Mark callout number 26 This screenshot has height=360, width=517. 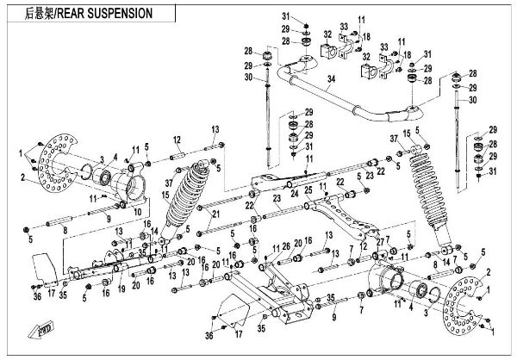pos(285,246)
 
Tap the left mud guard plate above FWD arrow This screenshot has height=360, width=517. pos(45,267)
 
